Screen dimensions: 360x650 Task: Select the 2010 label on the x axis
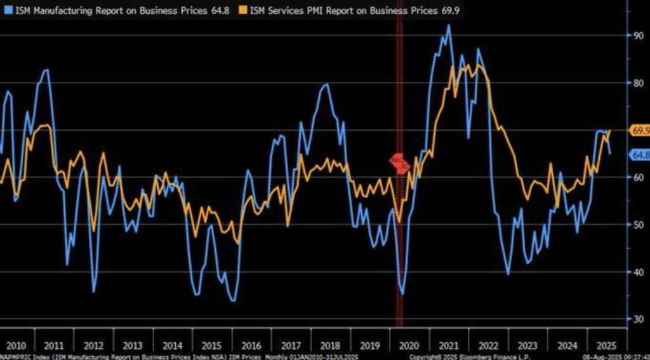[16, 345]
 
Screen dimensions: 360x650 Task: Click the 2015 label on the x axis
[212, 345]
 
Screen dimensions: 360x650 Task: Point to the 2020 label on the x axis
[408, 345]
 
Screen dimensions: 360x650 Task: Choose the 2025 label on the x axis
[603, 345]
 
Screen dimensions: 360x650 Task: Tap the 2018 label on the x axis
[329, 345]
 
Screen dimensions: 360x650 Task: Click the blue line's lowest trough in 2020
[403, 293]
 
